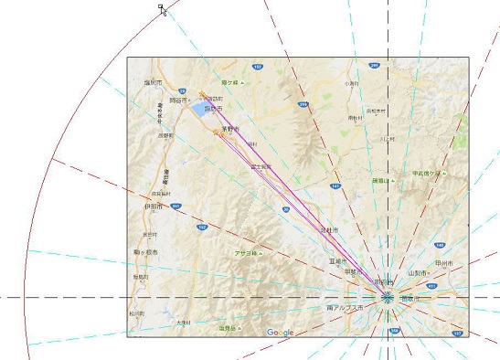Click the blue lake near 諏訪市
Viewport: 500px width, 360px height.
pyautogui.click(x=199, y=110)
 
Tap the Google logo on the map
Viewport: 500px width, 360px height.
pyautogui.click(x=280, y=332)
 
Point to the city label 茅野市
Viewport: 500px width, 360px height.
pyautogui.click(x=230, y=130)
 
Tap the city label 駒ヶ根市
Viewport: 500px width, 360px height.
pyautogui.click(x=144, y=251)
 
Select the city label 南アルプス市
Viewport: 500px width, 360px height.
pyautogui.click(x=345, y=308)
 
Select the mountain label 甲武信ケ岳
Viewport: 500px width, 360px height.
pyautogui.click(x=426, y=173)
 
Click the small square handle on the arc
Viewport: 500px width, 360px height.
pyautogui.click(x=161, y=7)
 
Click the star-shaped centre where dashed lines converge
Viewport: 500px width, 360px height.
pyautogui.click(x=388, y=297)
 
